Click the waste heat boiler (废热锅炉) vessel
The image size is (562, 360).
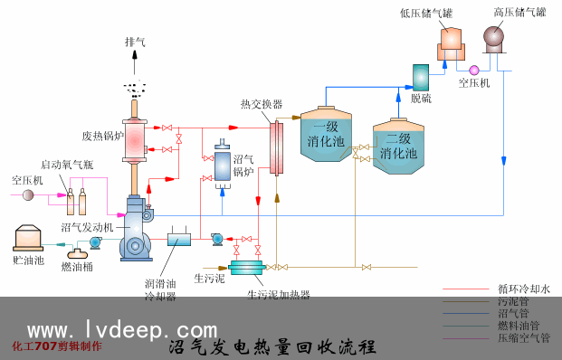135,141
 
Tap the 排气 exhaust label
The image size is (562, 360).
135,42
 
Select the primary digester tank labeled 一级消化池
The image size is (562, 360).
326,134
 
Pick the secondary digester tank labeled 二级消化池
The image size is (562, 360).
398,147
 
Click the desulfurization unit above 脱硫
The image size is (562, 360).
421,78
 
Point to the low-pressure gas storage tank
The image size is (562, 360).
451,44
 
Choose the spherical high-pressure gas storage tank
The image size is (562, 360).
494,39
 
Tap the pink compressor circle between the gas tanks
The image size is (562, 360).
474,71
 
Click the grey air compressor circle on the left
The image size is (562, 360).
28,194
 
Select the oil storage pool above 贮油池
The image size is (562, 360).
28,238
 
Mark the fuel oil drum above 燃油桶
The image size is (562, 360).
78,253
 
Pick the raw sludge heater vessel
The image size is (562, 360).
247,268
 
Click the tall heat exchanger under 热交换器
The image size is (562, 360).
276,148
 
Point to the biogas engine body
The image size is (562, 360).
136,228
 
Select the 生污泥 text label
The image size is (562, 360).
210,279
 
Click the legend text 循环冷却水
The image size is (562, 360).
524,289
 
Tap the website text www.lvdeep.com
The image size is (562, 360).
122,329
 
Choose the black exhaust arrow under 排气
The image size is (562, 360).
135,62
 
